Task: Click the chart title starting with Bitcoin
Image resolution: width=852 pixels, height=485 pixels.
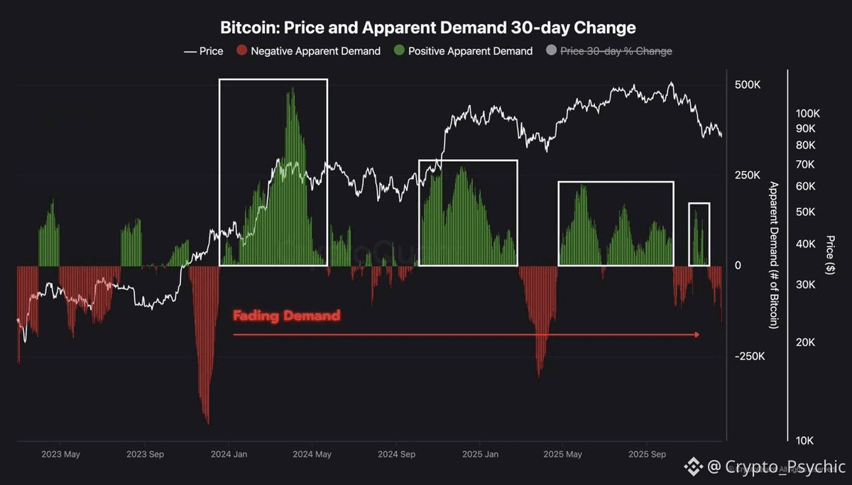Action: point(427,28)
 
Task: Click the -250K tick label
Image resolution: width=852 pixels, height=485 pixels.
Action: point(748,356)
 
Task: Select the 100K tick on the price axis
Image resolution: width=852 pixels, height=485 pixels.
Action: point(808,114)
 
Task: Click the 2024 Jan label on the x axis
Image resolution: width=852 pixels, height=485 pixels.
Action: point(229,454)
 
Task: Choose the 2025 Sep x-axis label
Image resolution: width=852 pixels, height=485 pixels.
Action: point(648,454)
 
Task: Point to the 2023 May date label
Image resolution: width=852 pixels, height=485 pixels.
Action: point(61,454)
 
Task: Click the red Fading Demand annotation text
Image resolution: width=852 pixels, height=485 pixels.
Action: point(287,315)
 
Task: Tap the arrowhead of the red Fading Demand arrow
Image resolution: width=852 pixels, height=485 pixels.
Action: point(698,334)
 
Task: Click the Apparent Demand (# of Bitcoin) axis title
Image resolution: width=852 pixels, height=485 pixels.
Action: point(774,255)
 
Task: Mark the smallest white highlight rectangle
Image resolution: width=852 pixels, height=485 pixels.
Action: point(699,234)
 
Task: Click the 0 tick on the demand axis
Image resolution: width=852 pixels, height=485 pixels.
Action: point(738,266)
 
